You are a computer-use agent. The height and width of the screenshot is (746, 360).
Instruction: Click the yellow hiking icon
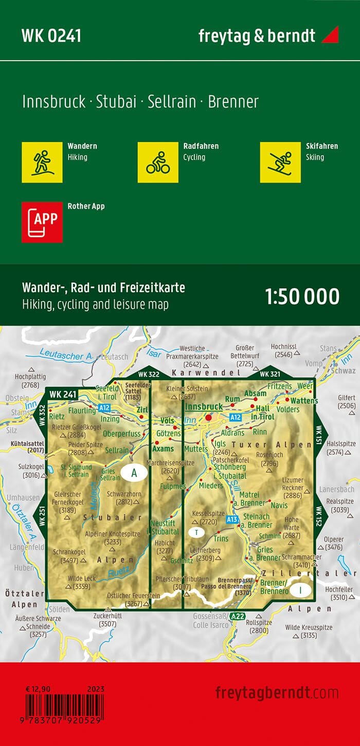click(42, 162)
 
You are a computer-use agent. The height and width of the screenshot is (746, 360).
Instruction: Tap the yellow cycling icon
click(158, 162)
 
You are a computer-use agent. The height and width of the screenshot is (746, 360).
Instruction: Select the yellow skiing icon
click(280, 162)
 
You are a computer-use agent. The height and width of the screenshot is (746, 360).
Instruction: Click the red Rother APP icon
click(42, 222)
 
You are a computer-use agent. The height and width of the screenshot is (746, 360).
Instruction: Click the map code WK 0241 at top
click(51, 36)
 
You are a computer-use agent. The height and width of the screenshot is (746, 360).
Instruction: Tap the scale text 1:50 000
click(302, 297)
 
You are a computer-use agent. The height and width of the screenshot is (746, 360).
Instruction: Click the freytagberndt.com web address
click(277, 692)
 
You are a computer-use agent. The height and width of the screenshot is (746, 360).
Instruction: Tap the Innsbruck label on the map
click(204, 406)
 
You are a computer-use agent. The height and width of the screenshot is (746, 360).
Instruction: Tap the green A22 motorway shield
click(237, 616)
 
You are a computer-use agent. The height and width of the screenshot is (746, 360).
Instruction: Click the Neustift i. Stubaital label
click(165, 527)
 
